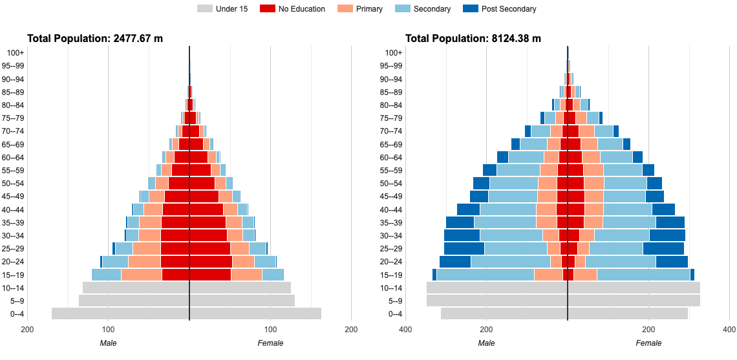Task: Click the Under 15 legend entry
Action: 222,9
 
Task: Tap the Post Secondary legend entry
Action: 500,9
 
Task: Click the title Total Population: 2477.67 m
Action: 95,39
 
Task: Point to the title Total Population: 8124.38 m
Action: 473,39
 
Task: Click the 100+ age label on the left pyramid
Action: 15,53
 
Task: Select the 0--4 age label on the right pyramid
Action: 393,315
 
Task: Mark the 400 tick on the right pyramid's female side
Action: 729,330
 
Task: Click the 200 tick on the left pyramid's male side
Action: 28,330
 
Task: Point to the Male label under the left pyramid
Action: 109,343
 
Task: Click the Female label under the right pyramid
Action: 648,343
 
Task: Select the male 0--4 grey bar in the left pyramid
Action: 120,314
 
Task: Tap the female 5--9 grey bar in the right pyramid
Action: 634,301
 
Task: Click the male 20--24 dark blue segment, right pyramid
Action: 454,262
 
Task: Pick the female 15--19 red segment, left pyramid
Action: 210,275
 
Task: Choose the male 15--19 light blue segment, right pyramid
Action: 485,275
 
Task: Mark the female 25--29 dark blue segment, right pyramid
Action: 663,249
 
